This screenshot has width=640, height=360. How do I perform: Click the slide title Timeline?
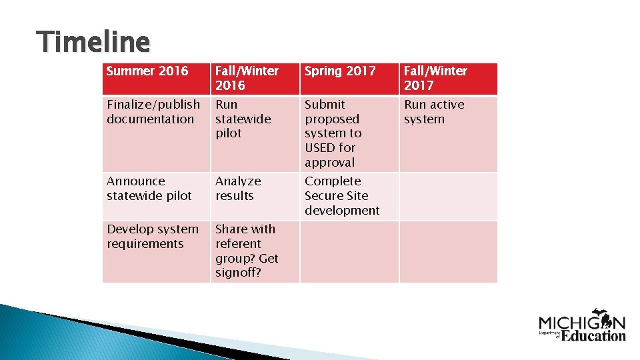pyautogui.click(x=94, y=42)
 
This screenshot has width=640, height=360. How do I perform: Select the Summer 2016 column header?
pyautogui.click(x=147, y=71)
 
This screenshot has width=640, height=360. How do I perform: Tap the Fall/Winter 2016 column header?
pyautogui.click(x=247, y=78)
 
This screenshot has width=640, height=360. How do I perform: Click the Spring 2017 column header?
pyautogui.click(x=340, y=71)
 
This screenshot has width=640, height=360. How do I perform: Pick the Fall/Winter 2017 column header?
pyautogui.click(x=435, y=78)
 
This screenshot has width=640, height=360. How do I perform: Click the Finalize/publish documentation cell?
pyautogui.click(x=153, y=112)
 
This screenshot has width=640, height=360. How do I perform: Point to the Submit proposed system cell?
pyautogui.click(x=332, y=133)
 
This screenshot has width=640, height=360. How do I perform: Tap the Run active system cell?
pyautogui.click(x=434, y=112)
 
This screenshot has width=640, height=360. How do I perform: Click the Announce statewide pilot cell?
pyautogui.click(x=149, y=189)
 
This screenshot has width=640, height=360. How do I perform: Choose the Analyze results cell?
pyautogui.click(x=238, y=189)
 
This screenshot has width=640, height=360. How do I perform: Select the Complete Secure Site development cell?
pyautogui.click(x=342, y=196)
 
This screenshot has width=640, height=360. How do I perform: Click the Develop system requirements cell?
pyautogui.click(x=153, y=237)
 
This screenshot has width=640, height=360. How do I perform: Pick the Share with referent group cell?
pyautogui.click(x=247, y=251)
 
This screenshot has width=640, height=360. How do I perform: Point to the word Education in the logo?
pyautogui.click(x=593, y=335)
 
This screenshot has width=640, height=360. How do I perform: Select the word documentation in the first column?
pyautogui.click(x=150, y=119)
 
